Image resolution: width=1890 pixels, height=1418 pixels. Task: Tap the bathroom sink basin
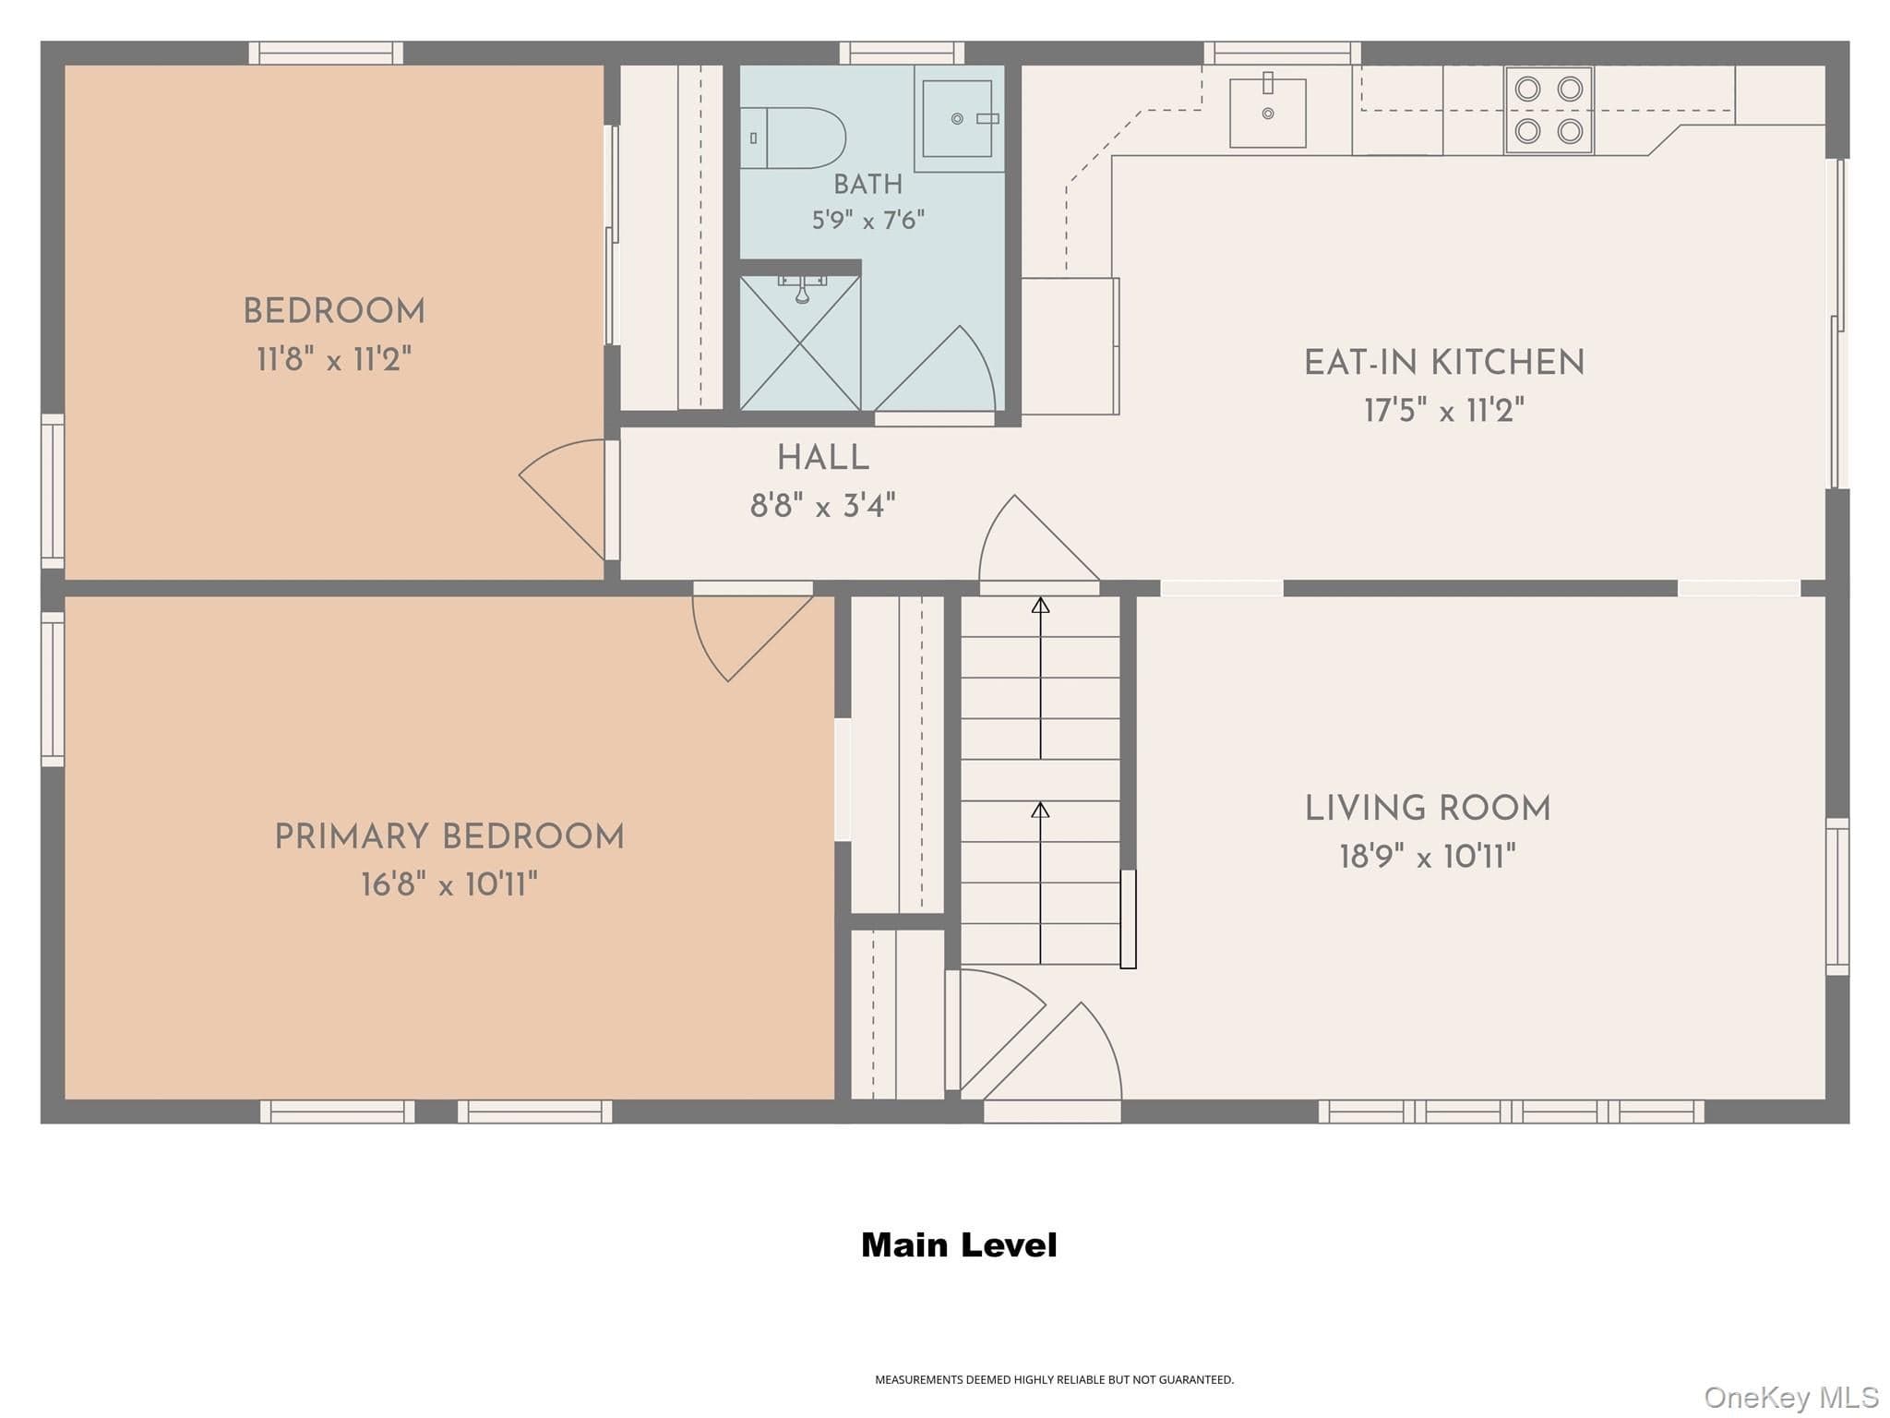click(957, 118)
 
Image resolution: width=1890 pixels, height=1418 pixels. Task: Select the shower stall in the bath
click(800, 342)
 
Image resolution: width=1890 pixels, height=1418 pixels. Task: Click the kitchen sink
click(1268, 113)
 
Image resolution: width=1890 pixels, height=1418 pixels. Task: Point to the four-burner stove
click(1549, 110)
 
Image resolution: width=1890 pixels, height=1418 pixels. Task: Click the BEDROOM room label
click(334, 312)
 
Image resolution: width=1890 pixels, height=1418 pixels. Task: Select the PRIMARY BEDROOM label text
click(449, 837)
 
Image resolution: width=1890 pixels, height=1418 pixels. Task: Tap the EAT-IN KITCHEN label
click(1444, 363)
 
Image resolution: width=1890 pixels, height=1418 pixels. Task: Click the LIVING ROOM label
click(1428, 809)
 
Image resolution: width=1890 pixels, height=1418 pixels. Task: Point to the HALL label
click(823, 458)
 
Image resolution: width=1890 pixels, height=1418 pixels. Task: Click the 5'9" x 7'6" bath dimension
click(868, 221)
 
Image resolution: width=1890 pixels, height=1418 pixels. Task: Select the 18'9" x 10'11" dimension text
click(1428, 857)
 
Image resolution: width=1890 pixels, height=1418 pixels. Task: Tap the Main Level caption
click(959, 1245)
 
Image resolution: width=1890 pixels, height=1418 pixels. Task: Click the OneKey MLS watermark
click(1791, 1398)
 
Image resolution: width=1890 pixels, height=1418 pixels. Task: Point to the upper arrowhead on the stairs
click(1041, 605)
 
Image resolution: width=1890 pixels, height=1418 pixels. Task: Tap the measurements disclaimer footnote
click(1054, 1380)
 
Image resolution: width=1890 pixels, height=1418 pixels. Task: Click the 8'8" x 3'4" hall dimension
click(823, 506)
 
